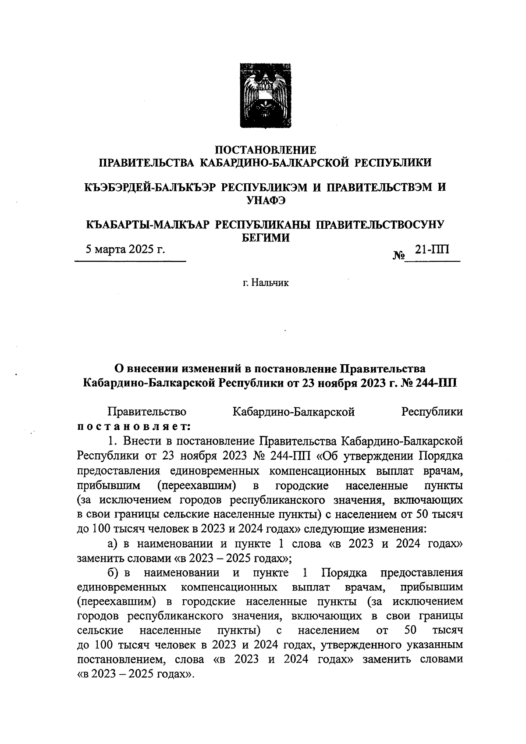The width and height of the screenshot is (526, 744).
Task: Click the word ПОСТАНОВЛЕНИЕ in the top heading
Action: point(266,150)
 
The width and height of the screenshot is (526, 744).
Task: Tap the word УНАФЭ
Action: point(266,200)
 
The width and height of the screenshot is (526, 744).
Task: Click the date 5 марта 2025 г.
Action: point(125,250)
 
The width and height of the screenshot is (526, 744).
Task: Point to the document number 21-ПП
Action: point(432,249)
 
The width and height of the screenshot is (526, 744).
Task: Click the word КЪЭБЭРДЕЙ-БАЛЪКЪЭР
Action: point(149,187)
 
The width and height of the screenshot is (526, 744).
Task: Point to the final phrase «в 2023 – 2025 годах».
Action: point(135,674)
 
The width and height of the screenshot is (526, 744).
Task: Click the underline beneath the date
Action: point(131,262)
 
